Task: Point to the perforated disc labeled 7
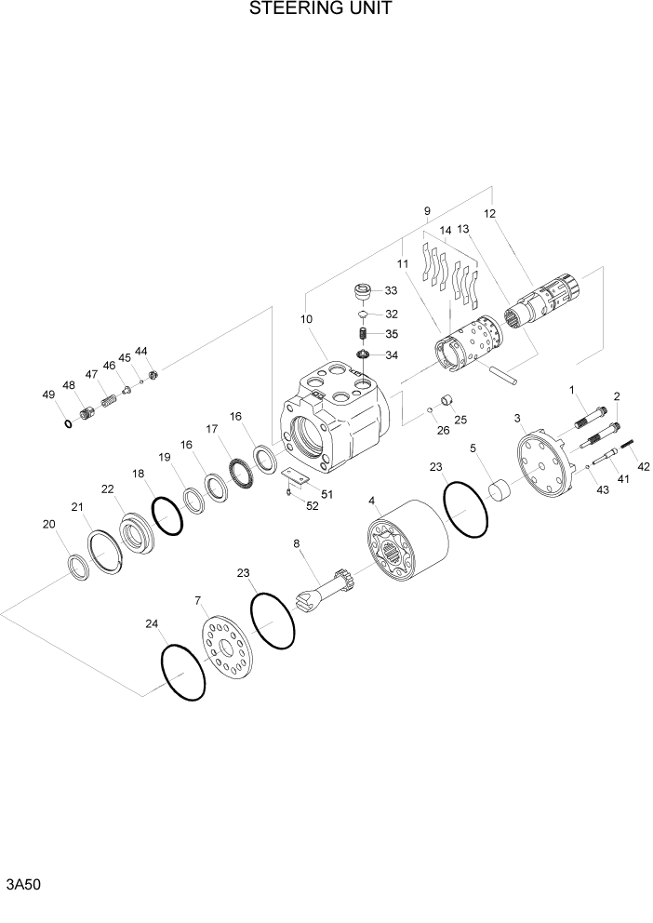[x=227, y=648]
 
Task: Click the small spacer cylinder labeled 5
[x=501, y=489]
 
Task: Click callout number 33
[x=392, y=291]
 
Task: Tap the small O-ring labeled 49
[x=67, y=424]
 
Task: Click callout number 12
[x=489, y=213]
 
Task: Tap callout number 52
[x=312, y=506]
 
